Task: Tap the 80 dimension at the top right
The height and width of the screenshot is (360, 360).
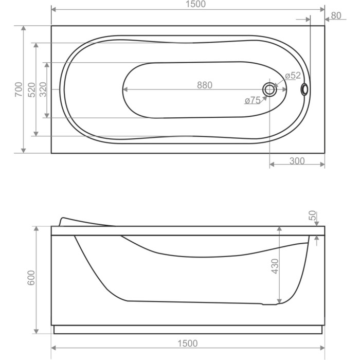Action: [336, 15]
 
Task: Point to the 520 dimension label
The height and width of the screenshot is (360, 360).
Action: [30, 89]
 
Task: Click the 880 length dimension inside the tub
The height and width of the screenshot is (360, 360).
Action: [204, 85]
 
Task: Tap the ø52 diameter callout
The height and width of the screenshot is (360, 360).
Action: [292, 76]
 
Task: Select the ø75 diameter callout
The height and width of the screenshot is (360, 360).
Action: [253, 101]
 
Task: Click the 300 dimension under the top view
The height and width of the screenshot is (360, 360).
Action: [297, 161]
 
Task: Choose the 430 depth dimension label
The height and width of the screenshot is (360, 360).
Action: [275, 265]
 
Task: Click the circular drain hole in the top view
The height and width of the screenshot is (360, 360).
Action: [269, 89]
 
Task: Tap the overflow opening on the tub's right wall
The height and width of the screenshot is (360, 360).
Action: [305, 89]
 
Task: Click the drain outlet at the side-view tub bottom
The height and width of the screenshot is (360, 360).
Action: [269, 304]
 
